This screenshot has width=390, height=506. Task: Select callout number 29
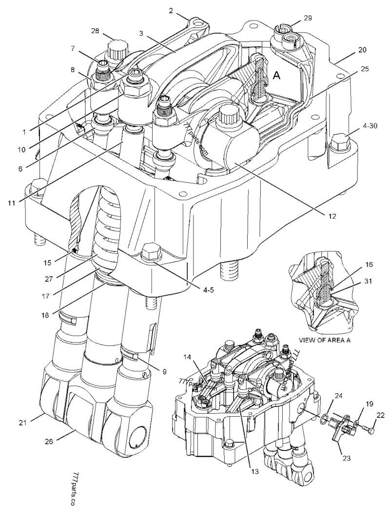[307, 18]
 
